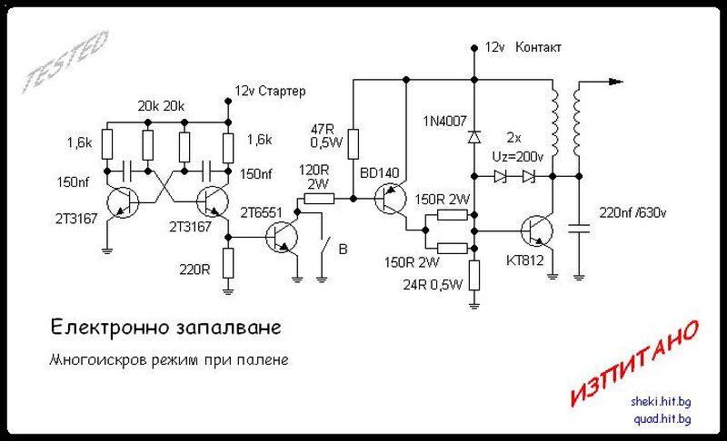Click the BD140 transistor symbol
393,198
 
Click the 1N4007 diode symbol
473,137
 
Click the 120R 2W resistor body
321,198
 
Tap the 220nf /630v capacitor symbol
579,227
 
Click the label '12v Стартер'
270,92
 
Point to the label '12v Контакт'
523,45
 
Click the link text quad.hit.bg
661,418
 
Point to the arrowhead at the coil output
618,82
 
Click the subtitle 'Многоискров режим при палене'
169,360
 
